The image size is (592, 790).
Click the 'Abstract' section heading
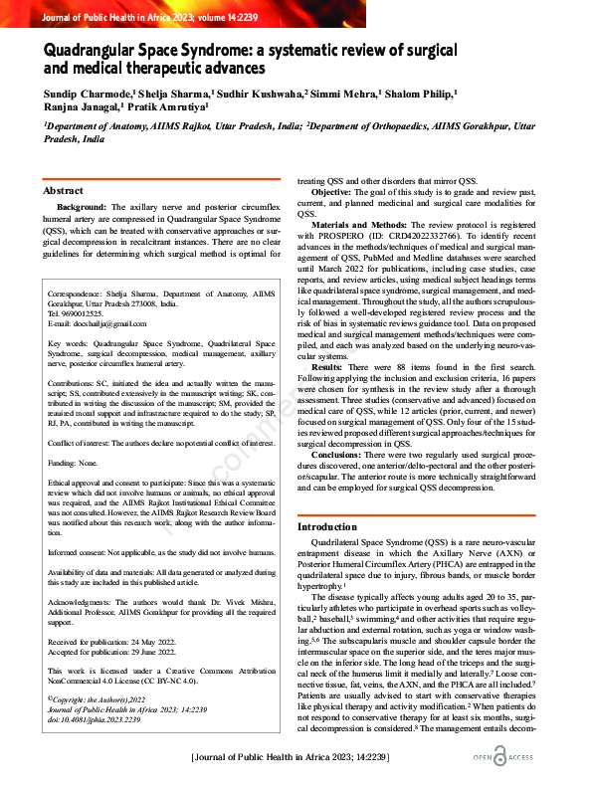[x=63, y=190]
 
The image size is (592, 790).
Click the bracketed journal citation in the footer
[x=296, y=759]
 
